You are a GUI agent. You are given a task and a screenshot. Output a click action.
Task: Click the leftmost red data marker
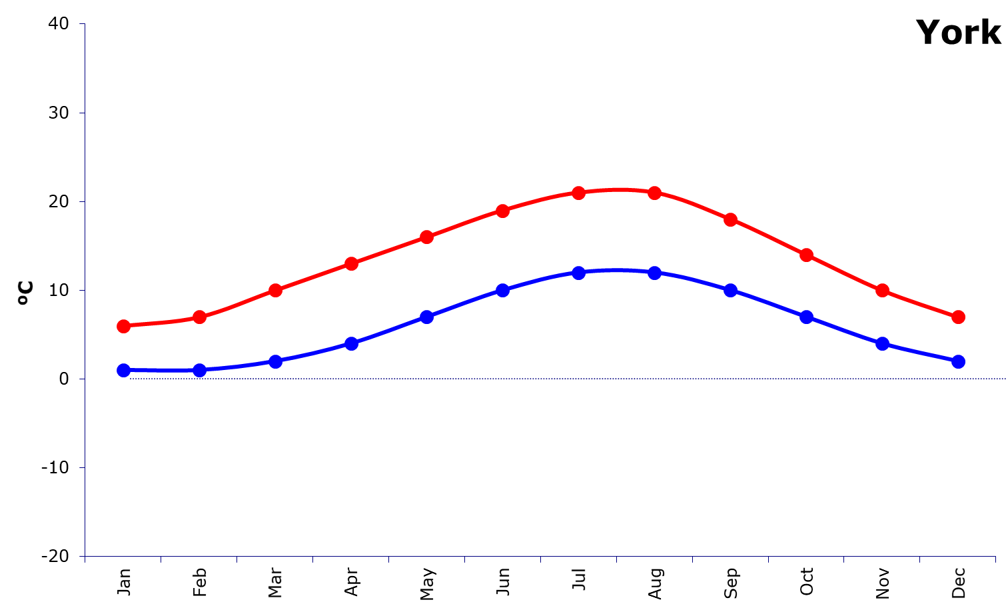pyautogui.click(x=123, y=326)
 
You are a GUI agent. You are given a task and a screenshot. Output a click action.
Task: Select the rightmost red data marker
pyautogui.click(x=958, y=317)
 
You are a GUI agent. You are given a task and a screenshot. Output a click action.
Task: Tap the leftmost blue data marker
pyautogui.click(x=123, y=370)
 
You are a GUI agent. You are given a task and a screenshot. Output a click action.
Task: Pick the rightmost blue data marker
pyautogui.click(x=958, y=361)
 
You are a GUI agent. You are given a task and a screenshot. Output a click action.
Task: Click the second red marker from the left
pyautogui.click(x=199, y=317)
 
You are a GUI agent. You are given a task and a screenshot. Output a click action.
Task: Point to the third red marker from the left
pyautogui.click(x=275, y=290)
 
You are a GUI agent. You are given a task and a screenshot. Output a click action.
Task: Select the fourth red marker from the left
pyautogui.click(x=351, y=263)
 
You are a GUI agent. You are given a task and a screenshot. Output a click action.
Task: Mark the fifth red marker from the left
pyautogui.click(x=427, y=237)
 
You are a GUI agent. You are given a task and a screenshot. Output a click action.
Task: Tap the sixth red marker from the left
pyautogui.click(x=502, y=211)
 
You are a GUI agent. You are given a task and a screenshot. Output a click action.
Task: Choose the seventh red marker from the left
pyautogui.click(x=578, y=193)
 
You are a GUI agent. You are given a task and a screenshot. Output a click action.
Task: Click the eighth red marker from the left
pyautogui.click(x=654, y=193)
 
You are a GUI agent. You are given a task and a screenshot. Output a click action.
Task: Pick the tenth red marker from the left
pyautogui.click(x=806, y=255)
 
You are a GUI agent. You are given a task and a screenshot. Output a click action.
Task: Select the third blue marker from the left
pyautogui.click(x=275, y=361)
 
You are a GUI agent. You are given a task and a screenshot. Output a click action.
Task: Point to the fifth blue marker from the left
pyautogui.click(x=427, y=317)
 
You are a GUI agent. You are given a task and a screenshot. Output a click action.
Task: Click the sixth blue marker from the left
pyautogui.click(x=502, y=290)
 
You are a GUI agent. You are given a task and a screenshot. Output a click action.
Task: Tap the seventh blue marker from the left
pyautogui.click(x=578, y=273)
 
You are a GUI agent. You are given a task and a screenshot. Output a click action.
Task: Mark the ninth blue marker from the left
pyautogui.click(x=730, y=290)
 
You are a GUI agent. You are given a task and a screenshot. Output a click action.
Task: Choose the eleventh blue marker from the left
pyautogui.click(x=882, y=343)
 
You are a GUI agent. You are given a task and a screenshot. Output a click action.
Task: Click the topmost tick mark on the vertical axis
pyautogui.click(x=82, y=24)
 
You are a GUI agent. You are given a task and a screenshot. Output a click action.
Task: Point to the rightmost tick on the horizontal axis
pyautogui.click(x=995, y=559)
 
